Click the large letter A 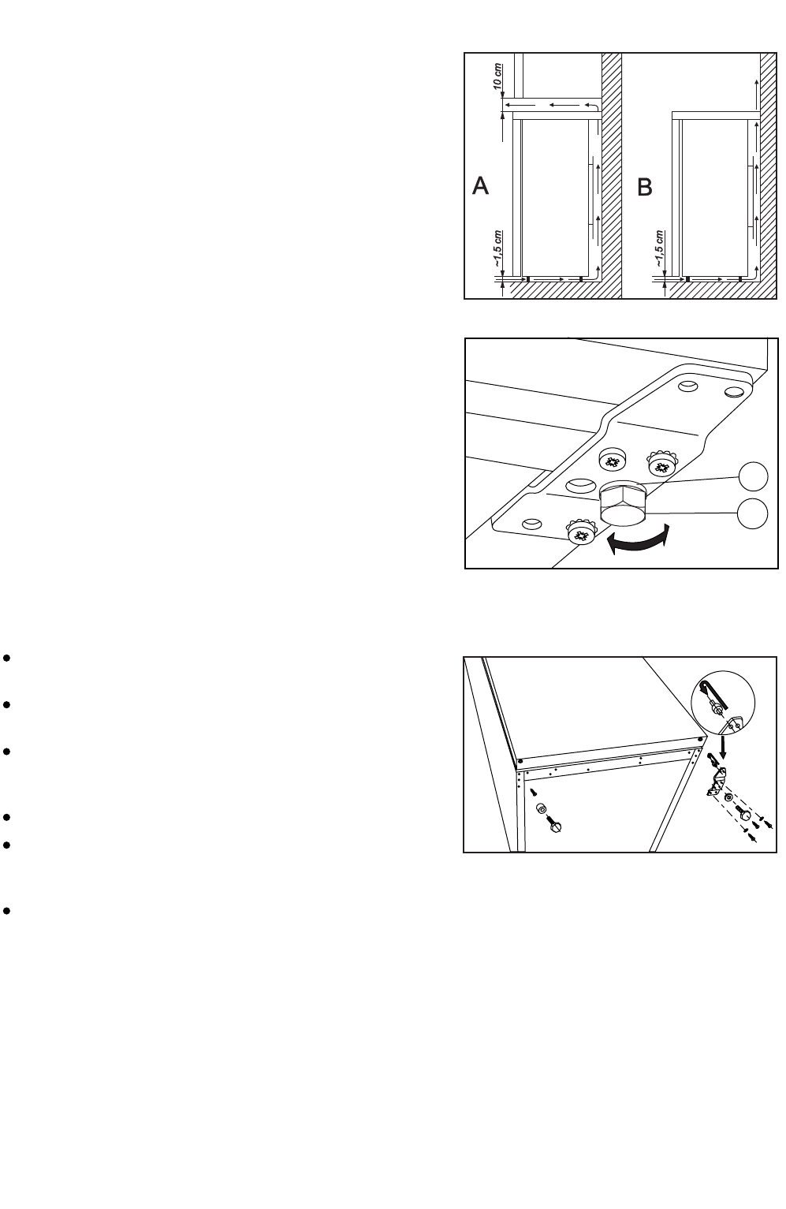pyautogui.click(x=481, y=187)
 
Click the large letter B pyautogui.click(x=645, y=188)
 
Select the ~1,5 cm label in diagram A pyautogui.click(x=497, y=248)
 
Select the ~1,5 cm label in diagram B pyautogui.click(x=660, y=249)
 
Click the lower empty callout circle pyautogui.click(x=754, y=513)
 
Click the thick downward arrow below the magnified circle pyautogui.click(x=724, y=742)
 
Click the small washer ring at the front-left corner pyautogui.click(x=542, y=810)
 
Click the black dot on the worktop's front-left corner pyautogui.click(x=520, y=761)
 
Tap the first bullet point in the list pyautogui.click(x=6, y=657)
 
